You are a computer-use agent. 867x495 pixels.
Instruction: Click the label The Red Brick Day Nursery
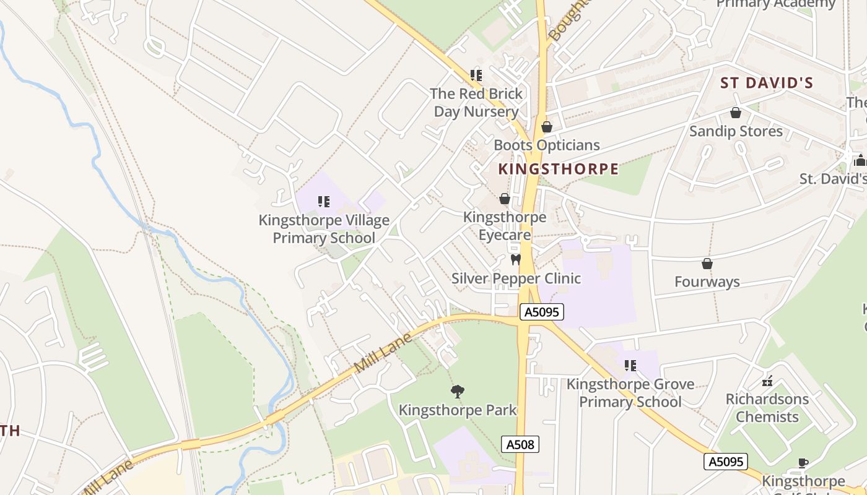(476, 103)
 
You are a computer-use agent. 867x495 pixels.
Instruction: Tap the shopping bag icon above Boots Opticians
(547, 127)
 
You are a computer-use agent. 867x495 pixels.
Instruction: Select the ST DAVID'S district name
(766, 83)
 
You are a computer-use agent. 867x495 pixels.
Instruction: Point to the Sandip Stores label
(736, 131)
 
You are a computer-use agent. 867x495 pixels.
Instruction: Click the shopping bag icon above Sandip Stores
(736, 113)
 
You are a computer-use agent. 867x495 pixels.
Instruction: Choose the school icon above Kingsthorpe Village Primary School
(323, 202)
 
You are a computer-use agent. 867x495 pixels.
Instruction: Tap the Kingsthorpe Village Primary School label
(324, 229)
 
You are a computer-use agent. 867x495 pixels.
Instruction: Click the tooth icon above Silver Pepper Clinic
(515, 260)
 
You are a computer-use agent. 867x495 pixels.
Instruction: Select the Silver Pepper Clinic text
(516, 278)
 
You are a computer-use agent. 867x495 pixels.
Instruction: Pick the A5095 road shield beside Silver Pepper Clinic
(542, 312)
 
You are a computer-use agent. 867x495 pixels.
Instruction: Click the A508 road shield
(520, 444)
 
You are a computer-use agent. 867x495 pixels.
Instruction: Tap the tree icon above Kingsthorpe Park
(458, 392)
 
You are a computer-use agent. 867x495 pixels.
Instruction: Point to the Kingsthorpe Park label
(458, 410)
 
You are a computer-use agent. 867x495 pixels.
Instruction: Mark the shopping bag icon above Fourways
(707, 264)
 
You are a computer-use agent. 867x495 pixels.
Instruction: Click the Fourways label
(707, 282)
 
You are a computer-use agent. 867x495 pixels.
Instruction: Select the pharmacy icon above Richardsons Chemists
(767, 381)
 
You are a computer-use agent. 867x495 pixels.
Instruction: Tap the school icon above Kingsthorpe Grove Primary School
(630, 366)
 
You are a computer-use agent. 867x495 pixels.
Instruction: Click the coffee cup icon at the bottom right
(803, 463)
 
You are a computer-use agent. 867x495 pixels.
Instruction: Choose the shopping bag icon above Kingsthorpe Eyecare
(505, 199)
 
